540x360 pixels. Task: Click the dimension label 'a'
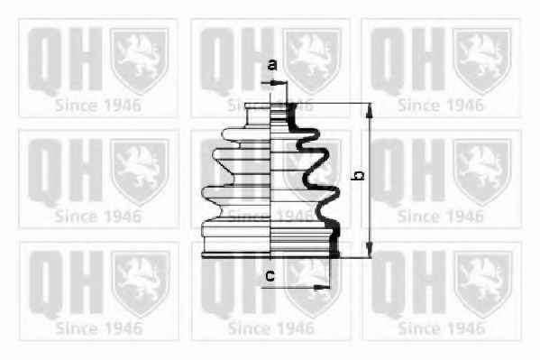(x=272, y=65)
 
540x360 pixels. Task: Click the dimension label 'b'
(x=359, y=175)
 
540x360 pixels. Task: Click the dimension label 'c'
(x=270, y=276)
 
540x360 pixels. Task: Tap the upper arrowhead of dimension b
(x=370, y=111)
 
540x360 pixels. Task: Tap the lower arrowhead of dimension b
(x=370, y=249)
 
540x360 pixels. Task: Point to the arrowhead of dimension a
(x=276, y=83)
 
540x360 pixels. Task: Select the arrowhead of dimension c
(x=321, y=287)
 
